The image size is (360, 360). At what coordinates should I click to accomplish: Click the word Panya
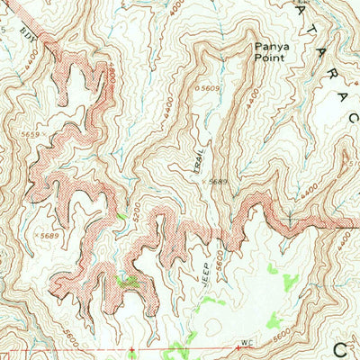click(x=269, y=42)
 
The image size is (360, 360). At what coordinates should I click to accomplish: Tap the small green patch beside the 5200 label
click(x=121, y=217)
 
